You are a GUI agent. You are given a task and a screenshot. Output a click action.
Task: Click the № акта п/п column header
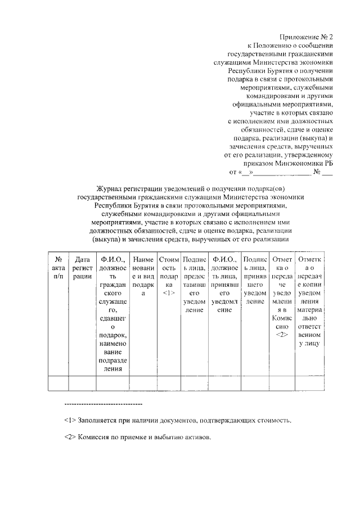(58, 268)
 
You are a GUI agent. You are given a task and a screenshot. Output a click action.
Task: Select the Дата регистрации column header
(82, 268)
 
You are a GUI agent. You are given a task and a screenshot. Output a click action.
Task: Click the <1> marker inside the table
(169, 293)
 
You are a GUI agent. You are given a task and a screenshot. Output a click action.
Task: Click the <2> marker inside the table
(282, 335)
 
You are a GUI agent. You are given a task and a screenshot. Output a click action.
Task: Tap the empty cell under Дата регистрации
(82, 383)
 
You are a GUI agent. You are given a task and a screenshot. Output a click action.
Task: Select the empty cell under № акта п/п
(58, 383)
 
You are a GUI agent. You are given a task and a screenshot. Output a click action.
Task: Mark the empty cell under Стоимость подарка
(169, 383)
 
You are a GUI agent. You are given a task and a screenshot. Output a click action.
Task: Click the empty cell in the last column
(309, 383)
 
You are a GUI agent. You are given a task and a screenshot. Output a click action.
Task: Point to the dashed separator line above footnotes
(103, 404)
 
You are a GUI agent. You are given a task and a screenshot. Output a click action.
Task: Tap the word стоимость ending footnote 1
(276, 421)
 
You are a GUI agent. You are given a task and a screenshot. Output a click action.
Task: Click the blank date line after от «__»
(284, 172)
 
